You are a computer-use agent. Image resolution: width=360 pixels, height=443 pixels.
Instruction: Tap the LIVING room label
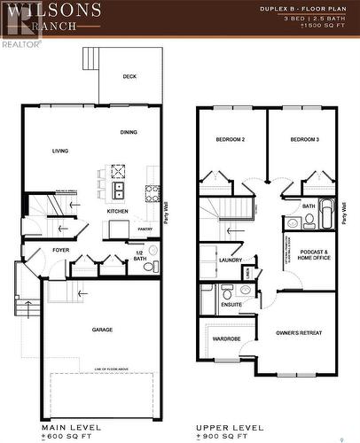tap(60, 151)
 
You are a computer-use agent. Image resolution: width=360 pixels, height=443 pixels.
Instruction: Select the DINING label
tap(129, 133)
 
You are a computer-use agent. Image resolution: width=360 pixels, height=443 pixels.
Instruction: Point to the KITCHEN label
tap(117, 212)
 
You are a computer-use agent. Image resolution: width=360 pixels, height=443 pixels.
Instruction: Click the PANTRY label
tap(145, 229)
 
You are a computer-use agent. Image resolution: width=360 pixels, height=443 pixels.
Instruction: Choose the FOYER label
tap(60, 251)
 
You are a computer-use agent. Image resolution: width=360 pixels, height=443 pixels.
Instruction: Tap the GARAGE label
tap(102, 330)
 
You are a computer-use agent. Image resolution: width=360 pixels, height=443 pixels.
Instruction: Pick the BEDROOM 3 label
tap(304, 139)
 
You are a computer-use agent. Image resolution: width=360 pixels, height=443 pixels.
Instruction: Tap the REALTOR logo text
tap(20, 43)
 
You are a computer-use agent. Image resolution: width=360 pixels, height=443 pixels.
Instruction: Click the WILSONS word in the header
tap(43, 11)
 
